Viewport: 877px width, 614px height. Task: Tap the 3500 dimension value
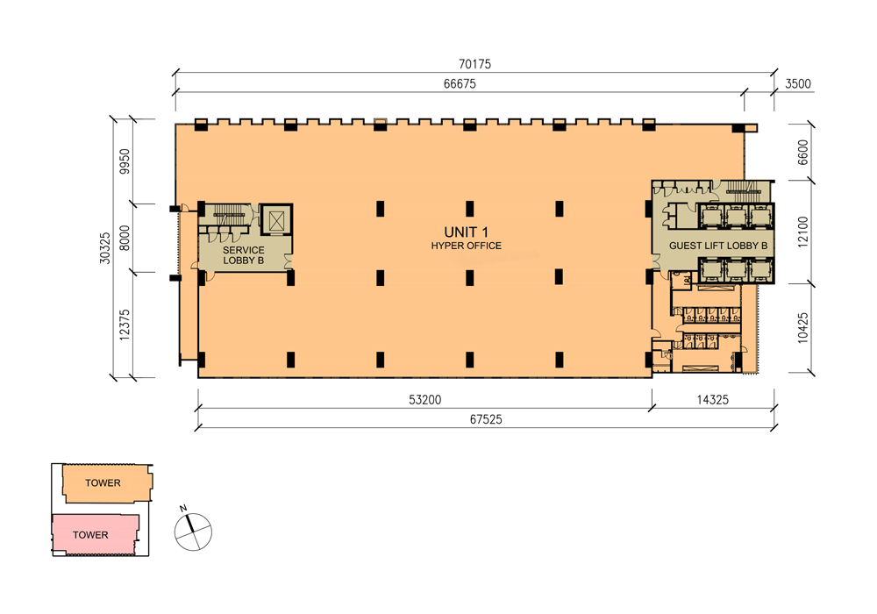coord(799,84)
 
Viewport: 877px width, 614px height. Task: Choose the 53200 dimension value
coord(424,400)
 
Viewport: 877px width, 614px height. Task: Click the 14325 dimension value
coord(713,400)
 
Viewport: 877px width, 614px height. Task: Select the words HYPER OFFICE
coord(466,246)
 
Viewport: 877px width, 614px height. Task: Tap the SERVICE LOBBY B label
coord(244,255)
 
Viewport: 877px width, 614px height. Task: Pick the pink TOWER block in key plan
coord(91,535)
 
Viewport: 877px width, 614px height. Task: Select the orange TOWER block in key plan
coord(103,483)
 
